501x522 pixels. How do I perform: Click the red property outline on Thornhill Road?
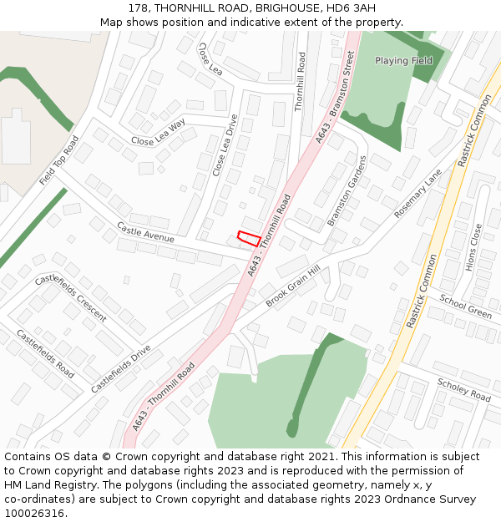coord(248,238)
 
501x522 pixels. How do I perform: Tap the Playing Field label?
coord(403,61)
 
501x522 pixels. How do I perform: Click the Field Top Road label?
coord(58,160)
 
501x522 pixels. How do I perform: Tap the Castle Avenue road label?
coord(145,232)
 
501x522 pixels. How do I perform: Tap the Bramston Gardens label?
coord(347,190)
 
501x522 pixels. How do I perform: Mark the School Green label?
coord(466,307)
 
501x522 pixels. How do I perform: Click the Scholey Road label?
coord(464,389)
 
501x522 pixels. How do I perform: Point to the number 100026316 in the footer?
coord(34,513)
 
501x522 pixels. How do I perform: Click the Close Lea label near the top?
coord(210,58)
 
